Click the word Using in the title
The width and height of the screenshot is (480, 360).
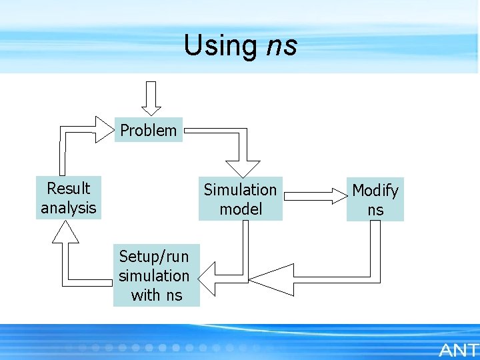[x=219, y=45]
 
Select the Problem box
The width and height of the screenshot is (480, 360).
[x=149, y=131]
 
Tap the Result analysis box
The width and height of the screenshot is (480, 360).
[x=68, y=197]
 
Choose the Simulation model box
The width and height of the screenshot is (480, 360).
[x=240, y=199]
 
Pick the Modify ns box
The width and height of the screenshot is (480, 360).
[x=375, y=200]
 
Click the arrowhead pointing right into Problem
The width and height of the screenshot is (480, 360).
[x=104, y=129]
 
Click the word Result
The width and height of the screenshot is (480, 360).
[x=68, y=188]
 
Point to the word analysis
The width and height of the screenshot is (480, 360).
[x=68, y=207]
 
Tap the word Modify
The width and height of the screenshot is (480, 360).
[x=375, y=191]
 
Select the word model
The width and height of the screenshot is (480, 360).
[x=241, y=209]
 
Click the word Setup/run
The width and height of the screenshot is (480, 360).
[x=154, y=256]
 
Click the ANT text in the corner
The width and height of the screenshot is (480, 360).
[x=459, y=349]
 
